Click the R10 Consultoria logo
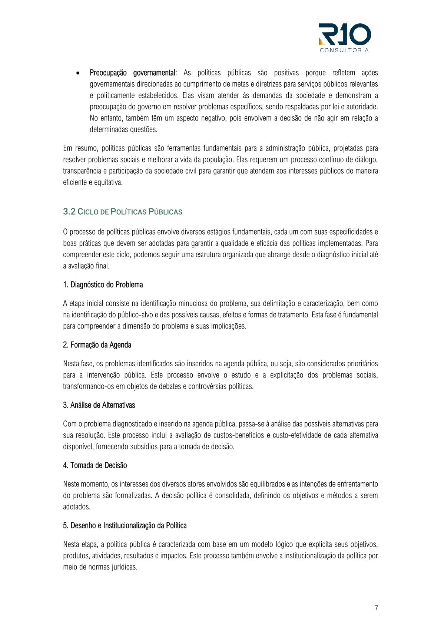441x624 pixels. click(x=344, y=37)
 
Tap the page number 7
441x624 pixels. click(x=376, y=608)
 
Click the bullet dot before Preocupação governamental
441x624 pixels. click(x=78, y=73)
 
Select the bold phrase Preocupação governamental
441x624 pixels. click(x=132, y=73)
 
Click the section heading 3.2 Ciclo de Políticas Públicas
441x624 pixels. click(x=123, y=212)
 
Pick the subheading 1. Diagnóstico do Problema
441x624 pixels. click(x=103, y=285)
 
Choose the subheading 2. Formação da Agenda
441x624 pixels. click(x=97, y=345)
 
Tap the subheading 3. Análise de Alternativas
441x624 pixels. click(x=99, y=405)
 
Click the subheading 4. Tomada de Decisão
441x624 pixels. click(x=95, y=465)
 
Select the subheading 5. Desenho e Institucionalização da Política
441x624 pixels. click(x=125, y=526)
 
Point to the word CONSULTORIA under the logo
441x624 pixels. click(x=344, y=50)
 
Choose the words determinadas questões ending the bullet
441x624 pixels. click(x=123, y=130)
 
